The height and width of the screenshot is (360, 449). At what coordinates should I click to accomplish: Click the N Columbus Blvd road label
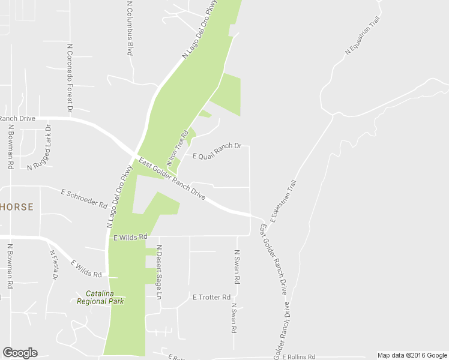pos(129,28)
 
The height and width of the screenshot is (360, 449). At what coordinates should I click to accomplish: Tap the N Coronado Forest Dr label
pos(70,78)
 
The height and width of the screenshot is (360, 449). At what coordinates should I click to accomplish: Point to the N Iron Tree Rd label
pos(178,148)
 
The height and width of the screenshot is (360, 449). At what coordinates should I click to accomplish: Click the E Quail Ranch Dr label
pos(216,151)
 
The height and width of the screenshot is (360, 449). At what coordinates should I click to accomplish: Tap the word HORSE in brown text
pos(17,207)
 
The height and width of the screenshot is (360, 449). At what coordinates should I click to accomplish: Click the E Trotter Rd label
pos(211,297)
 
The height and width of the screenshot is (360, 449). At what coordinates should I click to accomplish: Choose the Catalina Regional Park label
pos(100,297)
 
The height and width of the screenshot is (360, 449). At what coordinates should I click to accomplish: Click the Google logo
pos(20,353)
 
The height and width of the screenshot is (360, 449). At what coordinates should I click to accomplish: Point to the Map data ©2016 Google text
pos(412,355)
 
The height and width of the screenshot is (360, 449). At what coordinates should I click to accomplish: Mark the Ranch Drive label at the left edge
pos(18,119)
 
